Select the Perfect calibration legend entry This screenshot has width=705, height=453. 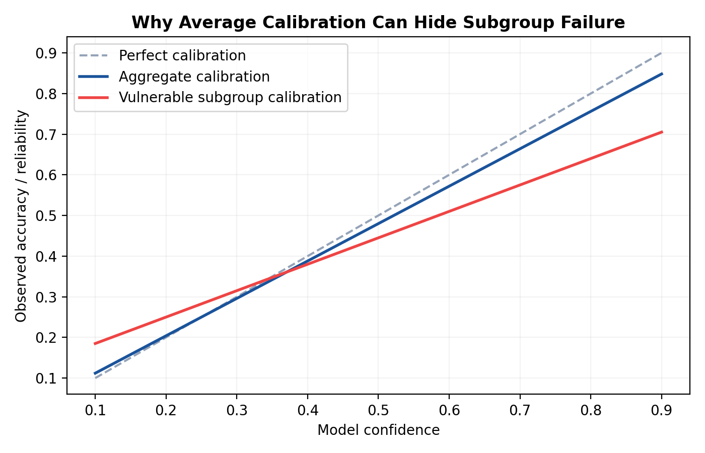pos(182,55)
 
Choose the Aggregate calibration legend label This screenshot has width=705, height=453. pos(194,77)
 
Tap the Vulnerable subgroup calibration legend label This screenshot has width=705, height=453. pos(230,97)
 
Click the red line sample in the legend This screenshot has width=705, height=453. pos(94,97)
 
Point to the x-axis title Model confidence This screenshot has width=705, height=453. pos(378,430)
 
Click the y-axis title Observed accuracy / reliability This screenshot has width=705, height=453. pos(21,216)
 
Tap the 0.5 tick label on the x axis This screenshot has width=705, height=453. pos(378,411)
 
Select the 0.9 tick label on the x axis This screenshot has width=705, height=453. pos(661,411)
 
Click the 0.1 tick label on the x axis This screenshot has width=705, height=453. pos(95,411)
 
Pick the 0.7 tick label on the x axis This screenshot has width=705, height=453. pos(520,411)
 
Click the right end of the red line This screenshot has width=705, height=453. pos(662,132)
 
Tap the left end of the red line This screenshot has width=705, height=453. pos(95,344)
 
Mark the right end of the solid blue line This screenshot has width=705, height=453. pos(662,73)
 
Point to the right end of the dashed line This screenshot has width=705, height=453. pos(662,53)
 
